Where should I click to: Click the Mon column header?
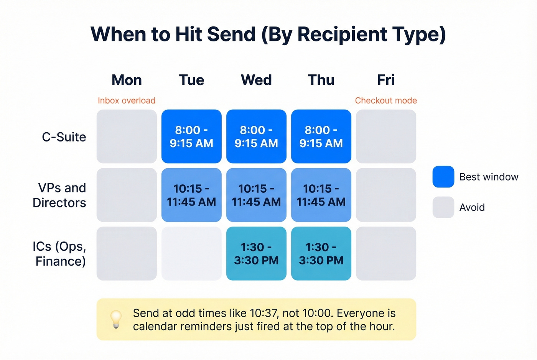point(127,80)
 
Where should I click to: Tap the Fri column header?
point(385,80)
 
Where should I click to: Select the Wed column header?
point(256,80)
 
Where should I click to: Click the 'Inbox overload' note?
point(127,100)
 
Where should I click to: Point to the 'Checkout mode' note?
point(385,100)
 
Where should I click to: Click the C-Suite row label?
point(64,137)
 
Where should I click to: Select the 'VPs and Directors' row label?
point(60,195)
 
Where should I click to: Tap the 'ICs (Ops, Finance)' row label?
point(60,254)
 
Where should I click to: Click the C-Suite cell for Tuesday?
point(191,136)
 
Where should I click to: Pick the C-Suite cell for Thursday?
point(321,136)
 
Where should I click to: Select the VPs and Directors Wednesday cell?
point(256,195)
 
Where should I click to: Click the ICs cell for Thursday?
point(321,253)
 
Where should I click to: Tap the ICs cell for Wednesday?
point(256,253)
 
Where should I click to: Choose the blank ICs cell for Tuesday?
point(191,253)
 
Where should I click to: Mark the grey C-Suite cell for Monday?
point(127,136)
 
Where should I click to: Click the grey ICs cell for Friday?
point(386,253)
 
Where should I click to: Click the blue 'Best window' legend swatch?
point(443,177)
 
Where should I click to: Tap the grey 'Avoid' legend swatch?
point(443,207)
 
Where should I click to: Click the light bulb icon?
point(116,319)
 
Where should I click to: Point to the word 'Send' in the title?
point(231,34)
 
